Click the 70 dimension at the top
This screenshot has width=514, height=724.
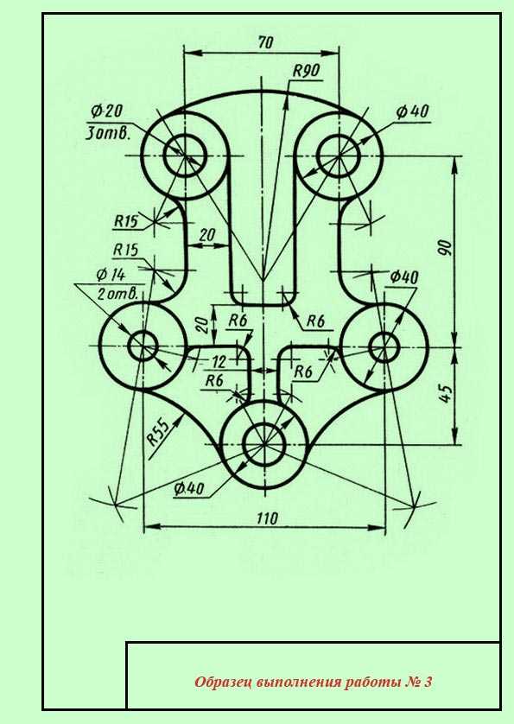tap(265, 42)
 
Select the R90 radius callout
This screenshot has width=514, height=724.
tap(306, 71)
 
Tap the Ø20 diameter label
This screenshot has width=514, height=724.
tap(107, 111)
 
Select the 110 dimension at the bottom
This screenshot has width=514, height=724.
tap(267, 518)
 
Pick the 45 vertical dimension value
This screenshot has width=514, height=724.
tap(445, 393)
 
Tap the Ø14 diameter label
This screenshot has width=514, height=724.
tap(111, 275)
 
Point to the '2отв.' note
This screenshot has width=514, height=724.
tap(117, 294)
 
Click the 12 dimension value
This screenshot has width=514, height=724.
tap(219, 361)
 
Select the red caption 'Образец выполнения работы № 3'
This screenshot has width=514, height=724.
tap(313, 682)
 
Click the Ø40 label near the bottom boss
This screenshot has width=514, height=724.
tap(189, 488)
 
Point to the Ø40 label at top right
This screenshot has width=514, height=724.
tap(412, 111)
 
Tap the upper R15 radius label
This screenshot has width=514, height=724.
tap(126, 221)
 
